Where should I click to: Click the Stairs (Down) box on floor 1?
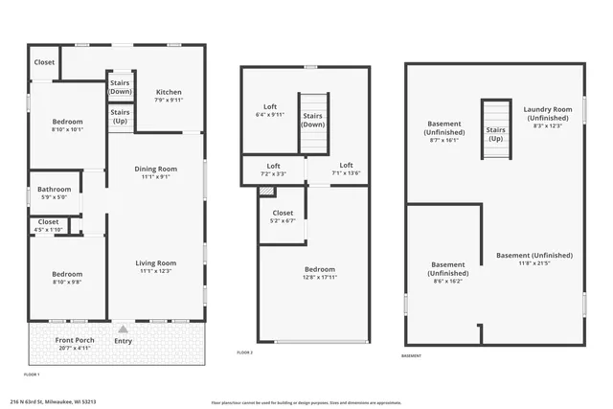coord(121,87)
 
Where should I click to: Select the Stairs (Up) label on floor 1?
coord(121,117)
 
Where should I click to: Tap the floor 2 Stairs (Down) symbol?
coord(314,121)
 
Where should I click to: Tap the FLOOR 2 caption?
coord(245,352)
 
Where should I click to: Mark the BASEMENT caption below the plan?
coord(411,356)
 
